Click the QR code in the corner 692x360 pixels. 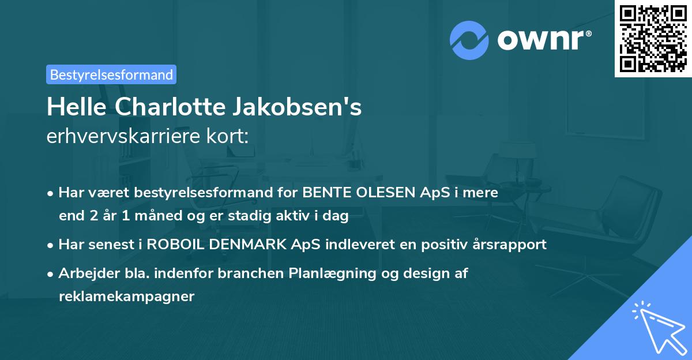click(x=653, y=38)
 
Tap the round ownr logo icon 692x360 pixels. click(x=469, y=40)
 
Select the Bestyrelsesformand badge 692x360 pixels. click(x=111, y=74)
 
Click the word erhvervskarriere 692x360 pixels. click(x=126, y=137)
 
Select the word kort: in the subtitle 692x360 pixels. click(x=231, y=137)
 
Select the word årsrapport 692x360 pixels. click(x=509, y=244)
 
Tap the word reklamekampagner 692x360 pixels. click(x=126, y=297)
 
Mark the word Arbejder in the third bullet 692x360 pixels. click(x=82, y=273)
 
